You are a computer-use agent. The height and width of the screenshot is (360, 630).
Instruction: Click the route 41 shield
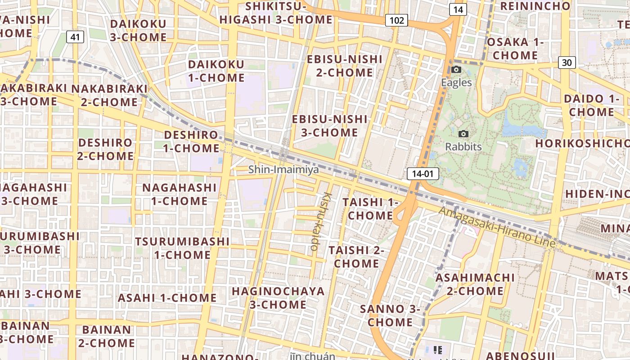tap(75, 37)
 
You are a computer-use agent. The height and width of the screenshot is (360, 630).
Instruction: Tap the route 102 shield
tap(396, 20)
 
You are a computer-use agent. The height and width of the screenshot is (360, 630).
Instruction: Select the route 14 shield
tap(458, 9)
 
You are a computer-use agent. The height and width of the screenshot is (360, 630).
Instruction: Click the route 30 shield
tap(567, 63)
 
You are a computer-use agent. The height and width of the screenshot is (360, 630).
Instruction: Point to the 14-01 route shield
tap(423, 174)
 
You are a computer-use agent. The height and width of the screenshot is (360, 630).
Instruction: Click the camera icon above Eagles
tap(456, 70)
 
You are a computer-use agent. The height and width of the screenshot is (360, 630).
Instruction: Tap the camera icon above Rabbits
tap(463, 134)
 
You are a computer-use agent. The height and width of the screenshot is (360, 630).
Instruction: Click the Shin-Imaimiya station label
tap(283, 170)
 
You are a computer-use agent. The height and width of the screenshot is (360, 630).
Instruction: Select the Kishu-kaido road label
tap(320, 221)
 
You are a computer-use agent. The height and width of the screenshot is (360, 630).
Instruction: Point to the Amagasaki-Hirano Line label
tap(497, 227)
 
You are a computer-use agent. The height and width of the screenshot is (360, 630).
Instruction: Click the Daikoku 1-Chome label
tap(216, 71)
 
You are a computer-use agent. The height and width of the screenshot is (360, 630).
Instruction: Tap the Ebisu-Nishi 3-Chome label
tap(330, 126)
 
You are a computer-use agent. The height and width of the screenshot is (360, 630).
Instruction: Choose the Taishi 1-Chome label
tap(371, 209)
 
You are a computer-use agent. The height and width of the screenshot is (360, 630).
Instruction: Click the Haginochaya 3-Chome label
tap(278, 298)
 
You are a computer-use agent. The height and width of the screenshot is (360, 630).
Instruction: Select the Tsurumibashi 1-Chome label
tap(182, 248)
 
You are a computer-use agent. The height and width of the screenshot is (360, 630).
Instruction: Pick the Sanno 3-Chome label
tap(390, 315)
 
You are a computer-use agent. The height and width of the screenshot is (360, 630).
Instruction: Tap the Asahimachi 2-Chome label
tap(475, 284)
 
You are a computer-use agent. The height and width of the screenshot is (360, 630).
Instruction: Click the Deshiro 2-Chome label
tap(106, 149)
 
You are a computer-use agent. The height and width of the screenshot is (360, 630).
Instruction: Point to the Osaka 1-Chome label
tap(515, 49)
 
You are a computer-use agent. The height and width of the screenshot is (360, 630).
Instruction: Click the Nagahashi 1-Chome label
tap(180, 194)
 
